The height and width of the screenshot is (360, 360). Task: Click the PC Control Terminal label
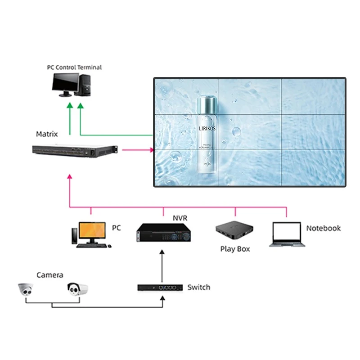(x=74, y=67)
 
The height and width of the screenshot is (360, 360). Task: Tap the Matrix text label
(x=47, y=134)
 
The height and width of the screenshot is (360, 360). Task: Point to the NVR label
(x=180, y=218)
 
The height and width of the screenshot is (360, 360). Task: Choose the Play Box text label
(x=235, y=249)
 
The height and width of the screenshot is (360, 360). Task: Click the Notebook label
(x=323, y=228)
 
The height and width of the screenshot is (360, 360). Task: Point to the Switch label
(x=198, y=287)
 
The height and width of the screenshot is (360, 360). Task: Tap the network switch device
(x=160, y=287)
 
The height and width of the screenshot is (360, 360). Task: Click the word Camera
(x=49, y=275)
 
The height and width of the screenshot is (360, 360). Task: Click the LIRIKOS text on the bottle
(x=207, y=128)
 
